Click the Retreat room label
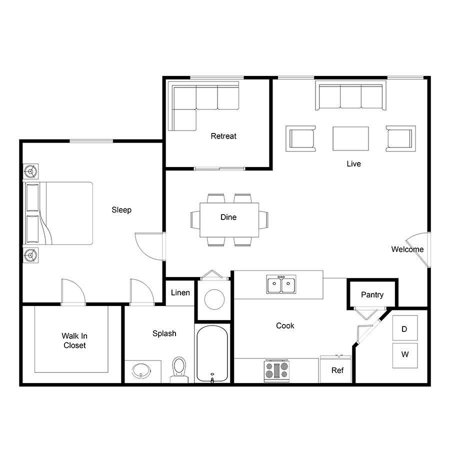(x=223, y=136)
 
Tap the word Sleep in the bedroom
(x=121, y=210)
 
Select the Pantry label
(x=372, y=294)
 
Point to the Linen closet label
(x=180, y=292)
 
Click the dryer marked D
(x=405, y=328)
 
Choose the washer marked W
(x=405, y=355)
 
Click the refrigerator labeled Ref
(x=336, y=369)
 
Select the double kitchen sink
(x=281, y=284)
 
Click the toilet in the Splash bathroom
(x=179, y=369)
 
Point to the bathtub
(x=212, y=353)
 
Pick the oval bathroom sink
(x=141, y=371)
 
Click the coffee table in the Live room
(x=350, y=138)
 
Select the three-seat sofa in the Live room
(x=350, y=95)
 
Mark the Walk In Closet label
(x=74, y=340)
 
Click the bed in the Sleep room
(x=58, y=213)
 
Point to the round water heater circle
(x=214, y=299)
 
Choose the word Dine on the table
(x=228, y=217)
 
